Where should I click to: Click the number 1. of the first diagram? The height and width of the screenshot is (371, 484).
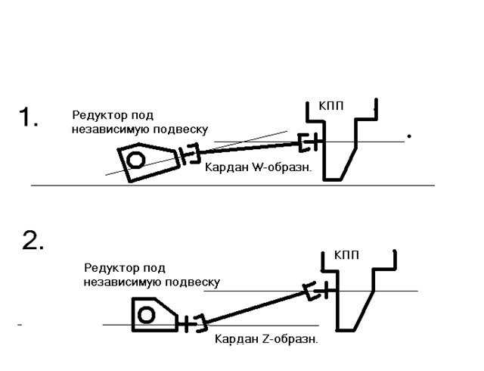pos(29,118)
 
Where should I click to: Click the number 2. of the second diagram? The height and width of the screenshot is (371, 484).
pos(33,241)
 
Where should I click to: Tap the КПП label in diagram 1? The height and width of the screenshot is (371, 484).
pos(331,106)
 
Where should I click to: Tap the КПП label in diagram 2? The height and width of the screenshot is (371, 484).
pos(347,255)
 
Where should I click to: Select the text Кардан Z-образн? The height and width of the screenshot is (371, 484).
pos(266,339)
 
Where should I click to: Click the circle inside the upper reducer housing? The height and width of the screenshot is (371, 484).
pos(136,160)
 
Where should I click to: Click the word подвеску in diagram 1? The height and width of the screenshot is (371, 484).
pos(181,129)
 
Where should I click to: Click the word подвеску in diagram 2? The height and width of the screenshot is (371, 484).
pos(194,282)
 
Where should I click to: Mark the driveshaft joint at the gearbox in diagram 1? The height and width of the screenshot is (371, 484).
pos(310,142)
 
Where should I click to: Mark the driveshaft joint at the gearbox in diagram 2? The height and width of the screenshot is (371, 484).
pos(315,290)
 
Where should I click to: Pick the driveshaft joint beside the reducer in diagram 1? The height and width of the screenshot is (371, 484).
pos(189,154)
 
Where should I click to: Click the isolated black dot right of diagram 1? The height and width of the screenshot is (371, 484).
pos(409,136)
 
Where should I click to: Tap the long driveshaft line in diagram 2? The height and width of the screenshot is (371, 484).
pos(253,307)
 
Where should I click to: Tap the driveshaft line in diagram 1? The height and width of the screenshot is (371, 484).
pos(250,148)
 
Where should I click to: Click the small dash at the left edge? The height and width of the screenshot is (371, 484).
pos(19,325)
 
